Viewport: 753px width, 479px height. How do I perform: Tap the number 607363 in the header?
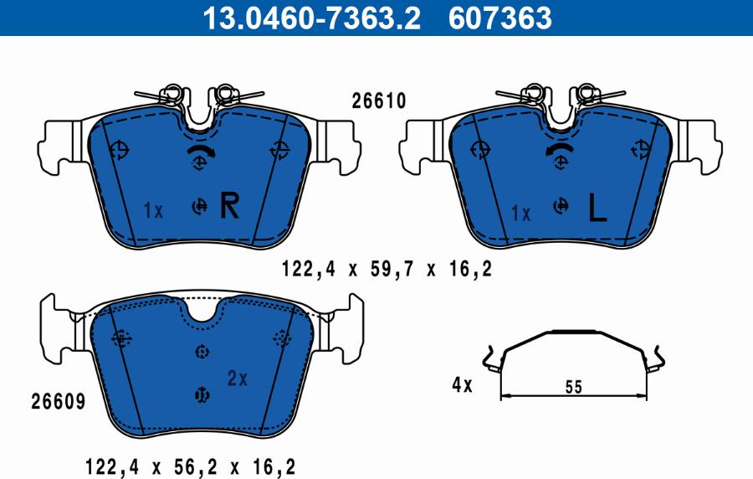pyautogui.click(x=500, y=17)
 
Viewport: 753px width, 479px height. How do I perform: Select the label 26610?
pyautogui.click(x=378, y=101)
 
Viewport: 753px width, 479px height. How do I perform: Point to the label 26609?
pyautogui.click(x=58, y=401)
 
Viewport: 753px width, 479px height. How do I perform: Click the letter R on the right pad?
pyautogui.click(x=228, y=206)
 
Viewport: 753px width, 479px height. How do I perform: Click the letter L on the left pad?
pyautogui.click(x=596, y=209)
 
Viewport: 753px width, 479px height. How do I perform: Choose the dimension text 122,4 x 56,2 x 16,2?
pyautogui.click(x=190, y=466)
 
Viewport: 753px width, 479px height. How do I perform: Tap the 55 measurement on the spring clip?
pyautogui.click(x=573, y=387)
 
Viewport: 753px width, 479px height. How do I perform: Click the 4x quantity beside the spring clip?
pyautogui.click(x=462, y=386)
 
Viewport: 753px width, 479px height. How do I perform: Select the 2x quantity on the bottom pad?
pyautogui.click(x=238, y=379)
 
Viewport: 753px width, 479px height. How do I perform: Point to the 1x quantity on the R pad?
pyautogui.click(x=152, y=211)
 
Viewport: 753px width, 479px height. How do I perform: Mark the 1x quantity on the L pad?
pyautogui.click(x=520, y=214)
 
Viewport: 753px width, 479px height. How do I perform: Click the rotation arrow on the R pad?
pyautogui.click(x=201, y=150)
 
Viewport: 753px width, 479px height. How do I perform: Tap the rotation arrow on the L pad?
pyautogui.click(x=559, y=150)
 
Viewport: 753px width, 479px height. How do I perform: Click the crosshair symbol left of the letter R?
pyautogui.click(x=199, y=206)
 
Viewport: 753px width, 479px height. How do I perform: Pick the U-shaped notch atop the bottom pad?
pyautogui.click(x=201, y=311)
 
